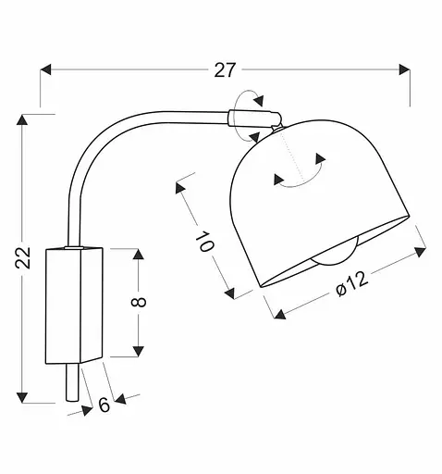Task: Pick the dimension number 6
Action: tap(104, 404)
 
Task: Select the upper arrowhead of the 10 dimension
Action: tap(178, 189)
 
